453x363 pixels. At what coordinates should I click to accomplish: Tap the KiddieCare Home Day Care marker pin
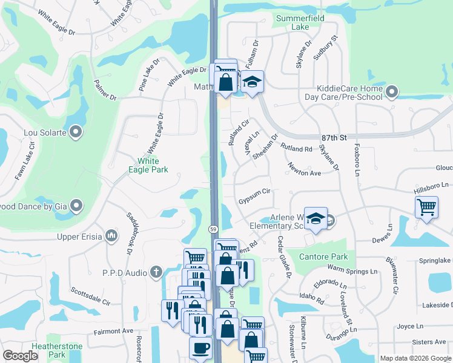point(391,92)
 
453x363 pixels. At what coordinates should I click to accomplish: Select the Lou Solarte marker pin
point(76,131)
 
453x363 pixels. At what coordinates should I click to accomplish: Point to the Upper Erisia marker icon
point(111,236)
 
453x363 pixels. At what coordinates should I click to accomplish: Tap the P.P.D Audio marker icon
point(157,272)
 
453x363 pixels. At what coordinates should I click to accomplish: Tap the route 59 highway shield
point(213,229)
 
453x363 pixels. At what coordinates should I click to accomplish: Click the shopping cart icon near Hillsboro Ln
point(427,207)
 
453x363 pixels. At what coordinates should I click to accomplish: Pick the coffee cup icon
point(200,348)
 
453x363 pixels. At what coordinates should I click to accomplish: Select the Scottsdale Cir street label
point(90,296)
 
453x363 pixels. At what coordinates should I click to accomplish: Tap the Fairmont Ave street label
point(113,331)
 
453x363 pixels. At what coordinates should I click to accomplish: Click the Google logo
point(21,356)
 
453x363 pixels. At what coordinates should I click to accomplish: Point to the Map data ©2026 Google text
point(415,358)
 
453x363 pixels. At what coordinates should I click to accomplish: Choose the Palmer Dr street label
point(105,90)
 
